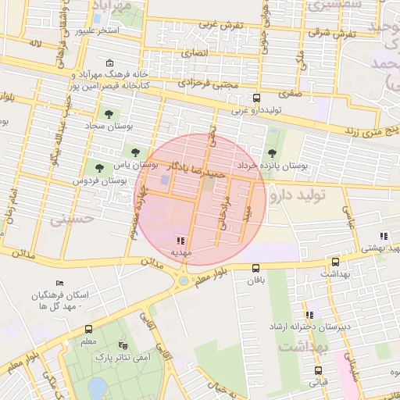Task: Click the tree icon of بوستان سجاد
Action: point(108,114)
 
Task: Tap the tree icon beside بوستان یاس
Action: point(137,152)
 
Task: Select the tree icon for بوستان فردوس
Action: point(98,167)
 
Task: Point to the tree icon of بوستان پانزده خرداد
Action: point(272,153)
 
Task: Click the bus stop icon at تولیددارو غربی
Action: point(256,98)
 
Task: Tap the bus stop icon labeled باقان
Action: point(256,268)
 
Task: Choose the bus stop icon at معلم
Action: point(88,330)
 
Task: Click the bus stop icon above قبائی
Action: point(318,371)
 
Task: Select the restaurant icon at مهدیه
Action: point(181,241)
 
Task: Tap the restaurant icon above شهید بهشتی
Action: point(383,236)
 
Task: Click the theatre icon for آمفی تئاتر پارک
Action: point(121,345)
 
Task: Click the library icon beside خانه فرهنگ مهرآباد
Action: point(109,63)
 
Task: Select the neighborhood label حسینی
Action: point(72,220)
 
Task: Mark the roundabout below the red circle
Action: point(183,280)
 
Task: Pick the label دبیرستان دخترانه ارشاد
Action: point(316,326)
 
